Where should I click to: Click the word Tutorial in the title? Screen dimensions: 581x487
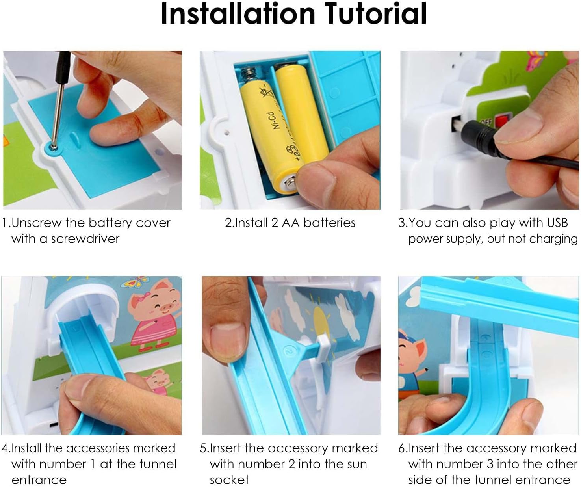click(376, 14)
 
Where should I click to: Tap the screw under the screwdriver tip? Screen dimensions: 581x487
click(53, 147)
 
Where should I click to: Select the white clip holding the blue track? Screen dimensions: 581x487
click(324, 348)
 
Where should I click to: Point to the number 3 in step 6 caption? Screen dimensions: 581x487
click(490, 464)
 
